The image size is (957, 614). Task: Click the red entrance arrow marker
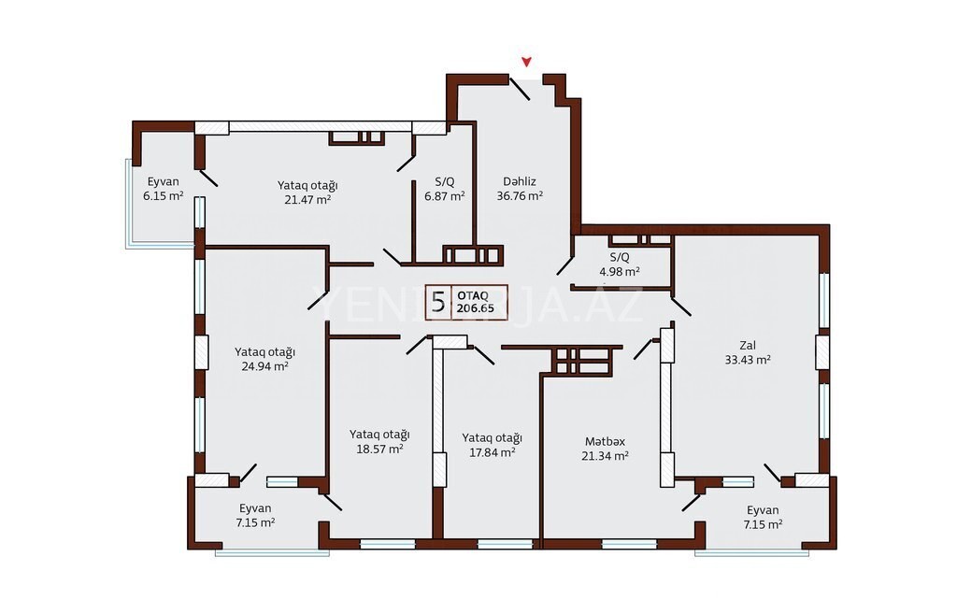(526, 62)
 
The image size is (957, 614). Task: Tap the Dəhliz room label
(520, 181)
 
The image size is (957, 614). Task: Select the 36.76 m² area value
(520, 196)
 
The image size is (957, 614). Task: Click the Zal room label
(748, 345)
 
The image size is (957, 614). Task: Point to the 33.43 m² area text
(748, 360)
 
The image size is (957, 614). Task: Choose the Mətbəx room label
(605, 441)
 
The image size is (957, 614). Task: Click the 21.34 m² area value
(605, 455)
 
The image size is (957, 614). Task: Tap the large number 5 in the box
(438, 302)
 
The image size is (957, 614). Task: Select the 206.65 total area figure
(476, 308)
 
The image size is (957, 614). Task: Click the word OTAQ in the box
(472, 295)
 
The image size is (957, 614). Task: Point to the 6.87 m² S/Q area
(444, 196)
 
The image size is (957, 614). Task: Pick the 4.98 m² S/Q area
(619, 272)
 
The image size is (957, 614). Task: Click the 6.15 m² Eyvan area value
(163, 196)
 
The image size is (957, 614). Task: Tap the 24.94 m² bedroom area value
(264, 366)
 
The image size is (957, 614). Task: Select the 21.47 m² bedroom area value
(307, 199)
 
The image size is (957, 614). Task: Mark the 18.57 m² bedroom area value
(379, 449)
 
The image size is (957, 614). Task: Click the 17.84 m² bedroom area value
(492, 452)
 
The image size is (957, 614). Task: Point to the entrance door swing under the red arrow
(520, 89)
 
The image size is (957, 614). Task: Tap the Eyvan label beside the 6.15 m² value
(163, 181)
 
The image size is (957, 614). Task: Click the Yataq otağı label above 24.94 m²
(264, 352)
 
